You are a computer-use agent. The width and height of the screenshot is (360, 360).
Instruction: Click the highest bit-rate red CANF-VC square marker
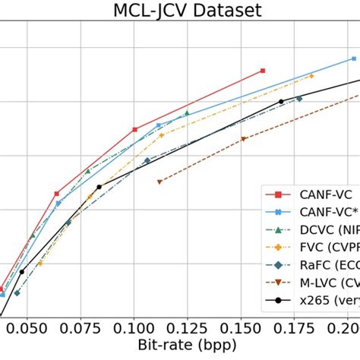[263, 71]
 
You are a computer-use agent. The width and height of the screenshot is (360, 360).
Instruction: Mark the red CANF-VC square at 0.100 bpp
[134, 130]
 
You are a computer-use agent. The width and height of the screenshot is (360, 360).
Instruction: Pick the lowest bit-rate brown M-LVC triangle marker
[159, 182]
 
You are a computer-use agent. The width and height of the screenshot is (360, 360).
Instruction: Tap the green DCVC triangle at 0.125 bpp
[187, 113]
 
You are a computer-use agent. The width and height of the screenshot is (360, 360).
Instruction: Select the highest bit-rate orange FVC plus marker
[311, 76]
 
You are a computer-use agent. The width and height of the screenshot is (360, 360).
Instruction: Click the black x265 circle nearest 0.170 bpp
[281, 101]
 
